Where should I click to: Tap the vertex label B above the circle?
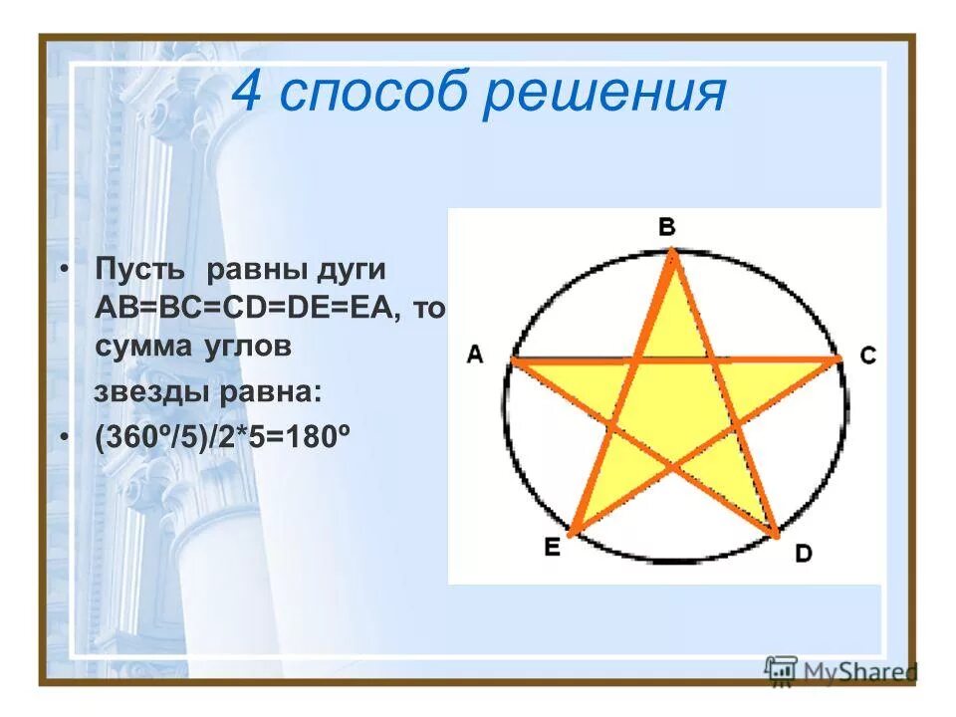(x=666, y=228)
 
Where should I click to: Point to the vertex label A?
(x=475, y=356)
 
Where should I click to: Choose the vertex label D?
(x=803, y=555)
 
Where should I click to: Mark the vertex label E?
(x=552, y=547)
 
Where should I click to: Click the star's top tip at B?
(x=673, y=255)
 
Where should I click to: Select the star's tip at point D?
(x=775, y=535)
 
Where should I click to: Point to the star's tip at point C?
(x=839, y=359)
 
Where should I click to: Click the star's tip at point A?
(x=513, y=360)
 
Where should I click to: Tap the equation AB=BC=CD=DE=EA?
(x=249, y=309)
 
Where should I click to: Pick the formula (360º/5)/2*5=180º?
(x=226, y=439)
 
